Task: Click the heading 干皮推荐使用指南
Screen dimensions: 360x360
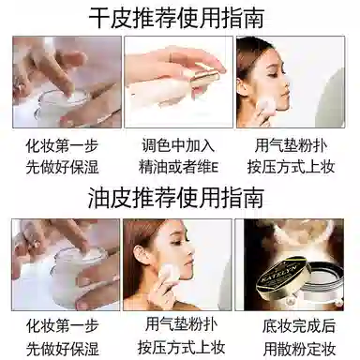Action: [x=176, y=18]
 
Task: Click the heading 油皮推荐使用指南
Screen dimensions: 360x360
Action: [x=176, y=198]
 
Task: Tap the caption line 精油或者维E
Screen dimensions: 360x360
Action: [x=178, y=168]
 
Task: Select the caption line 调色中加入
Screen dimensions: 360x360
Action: [x=178, y=145]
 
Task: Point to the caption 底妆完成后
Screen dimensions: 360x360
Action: [x=299, y=326]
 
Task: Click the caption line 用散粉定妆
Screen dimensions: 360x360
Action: [x=299, y=349]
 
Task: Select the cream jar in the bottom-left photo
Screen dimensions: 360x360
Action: [x=77, y=275]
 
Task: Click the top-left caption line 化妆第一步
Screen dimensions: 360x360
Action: [x=62, y=146]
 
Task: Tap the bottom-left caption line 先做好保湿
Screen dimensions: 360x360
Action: [x=62, y=349]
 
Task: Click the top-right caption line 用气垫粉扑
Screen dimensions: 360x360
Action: [x=291, y=145]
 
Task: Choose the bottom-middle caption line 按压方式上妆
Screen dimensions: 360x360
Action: [x=181, y=347]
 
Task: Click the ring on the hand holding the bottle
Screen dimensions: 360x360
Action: [x=171, y=57]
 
